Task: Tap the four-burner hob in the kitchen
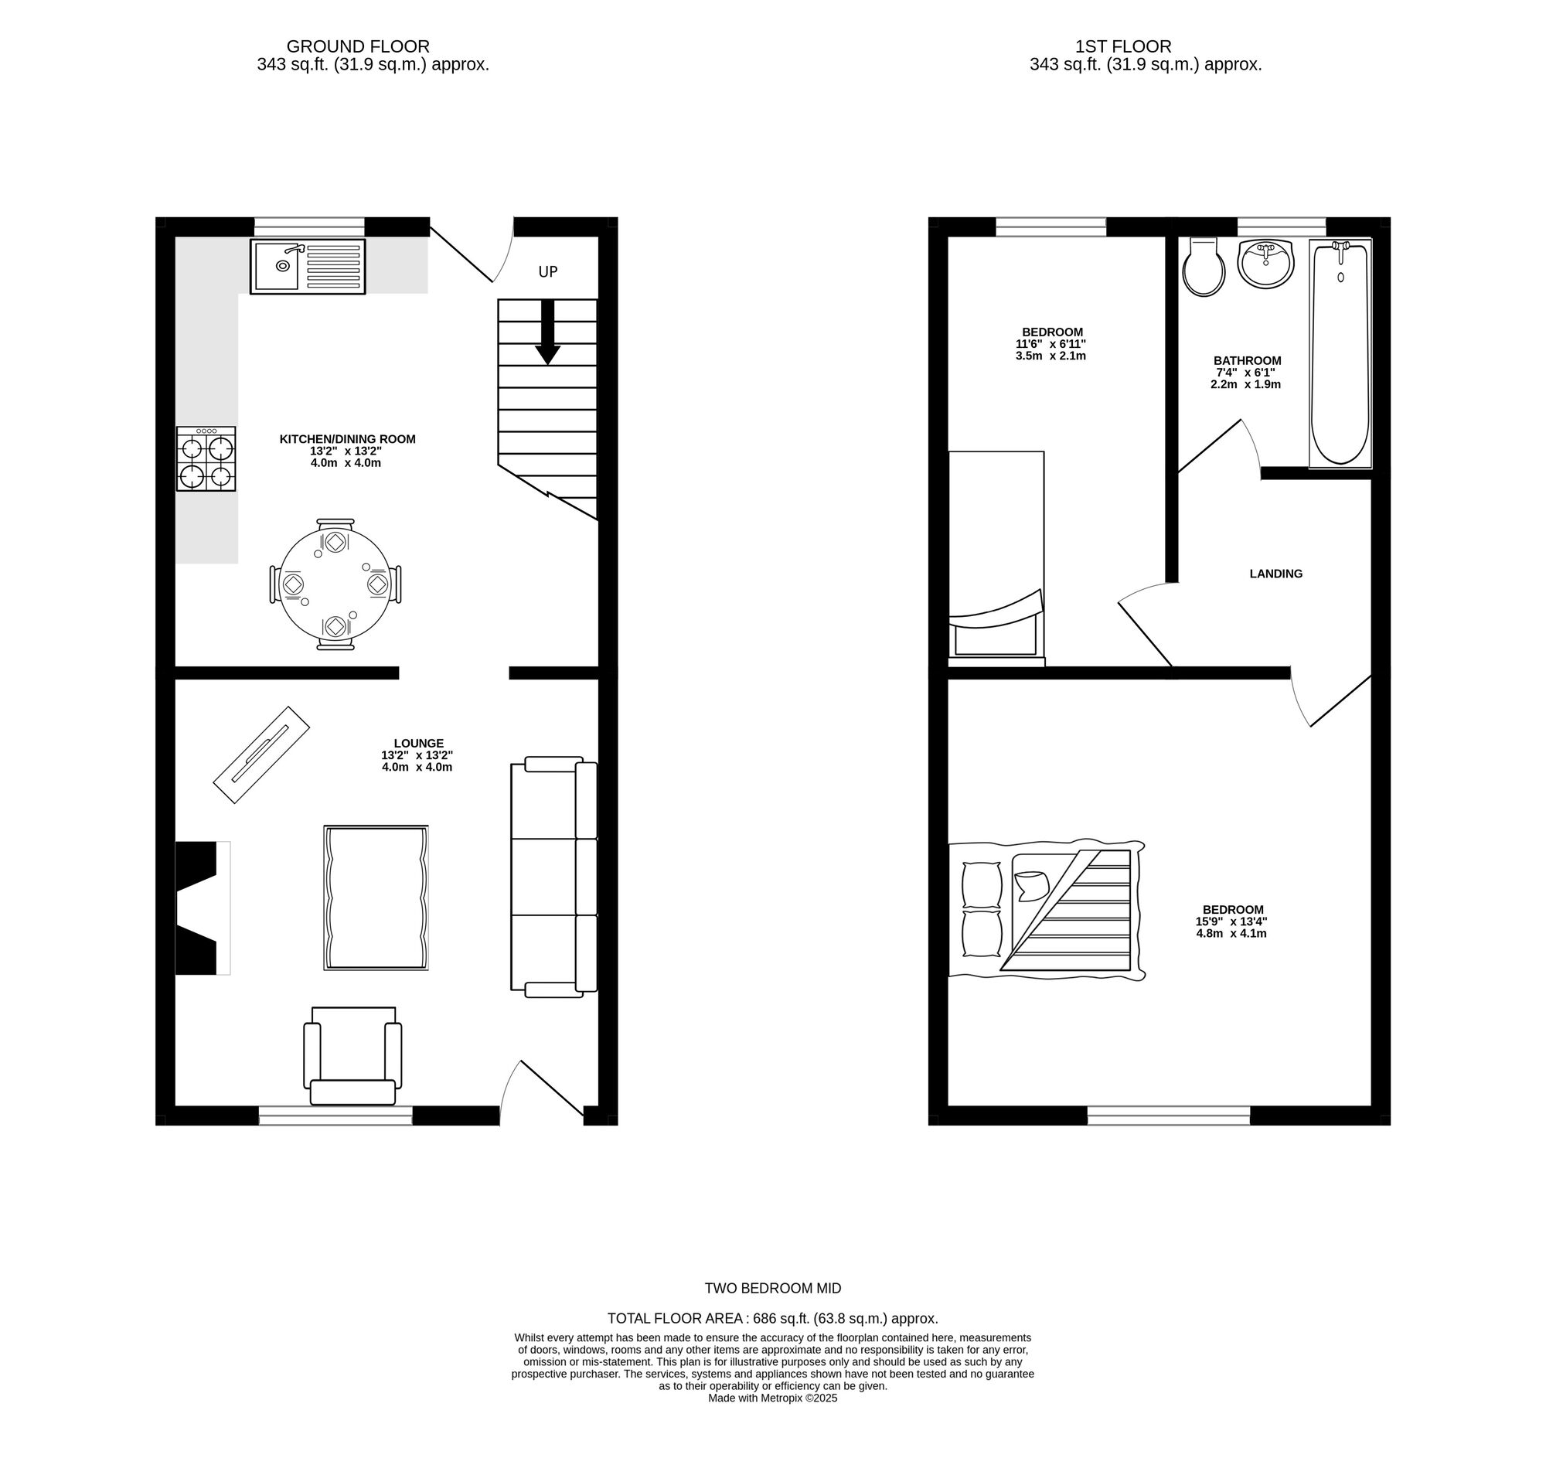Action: (206, 459)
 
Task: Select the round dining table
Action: (335, 584)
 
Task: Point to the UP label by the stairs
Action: (547, 272)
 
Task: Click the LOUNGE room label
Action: (418, 743)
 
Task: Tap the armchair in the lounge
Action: (352, 1056)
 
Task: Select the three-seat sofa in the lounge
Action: (553, 877)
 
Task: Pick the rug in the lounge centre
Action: (376, 897)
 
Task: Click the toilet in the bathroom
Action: (1203, 267)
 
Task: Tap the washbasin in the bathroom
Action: (1265, 263)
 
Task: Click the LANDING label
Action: (1275, 574)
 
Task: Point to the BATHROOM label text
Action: (1246, 361)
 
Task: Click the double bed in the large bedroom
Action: (1046, 912)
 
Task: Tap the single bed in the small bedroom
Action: (996, 554)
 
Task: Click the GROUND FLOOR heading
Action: (357, 46)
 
